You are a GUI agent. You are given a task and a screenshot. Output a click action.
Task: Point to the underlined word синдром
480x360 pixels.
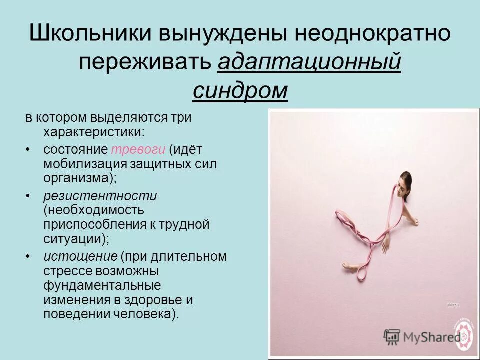[x=240, y=91]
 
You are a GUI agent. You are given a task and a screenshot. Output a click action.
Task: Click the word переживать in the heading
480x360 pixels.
[x=145, y=63]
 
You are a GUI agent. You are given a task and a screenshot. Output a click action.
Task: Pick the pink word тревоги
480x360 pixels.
[x=138, y=149]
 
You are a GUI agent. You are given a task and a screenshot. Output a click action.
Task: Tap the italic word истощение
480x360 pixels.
[x=80, y=256]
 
